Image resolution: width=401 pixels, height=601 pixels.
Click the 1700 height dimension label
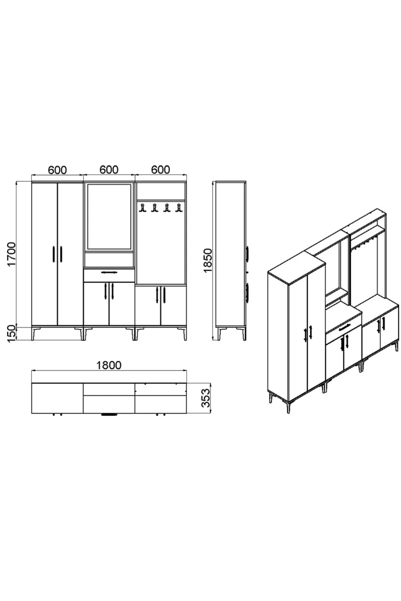click(12, 254)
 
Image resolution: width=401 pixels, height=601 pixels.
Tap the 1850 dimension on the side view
click(208, 260)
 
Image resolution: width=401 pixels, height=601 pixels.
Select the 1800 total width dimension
click(109, 365)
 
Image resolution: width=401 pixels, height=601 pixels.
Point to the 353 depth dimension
click(206, 398)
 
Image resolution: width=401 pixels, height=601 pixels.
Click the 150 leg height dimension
click(12, 333)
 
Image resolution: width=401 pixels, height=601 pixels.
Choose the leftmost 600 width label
click(57, 170)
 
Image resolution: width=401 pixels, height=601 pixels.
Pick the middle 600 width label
click(109, 170)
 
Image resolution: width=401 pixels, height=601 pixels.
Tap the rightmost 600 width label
click(160, 170)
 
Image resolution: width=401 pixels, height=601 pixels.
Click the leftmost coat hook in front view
click(142, 208)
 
